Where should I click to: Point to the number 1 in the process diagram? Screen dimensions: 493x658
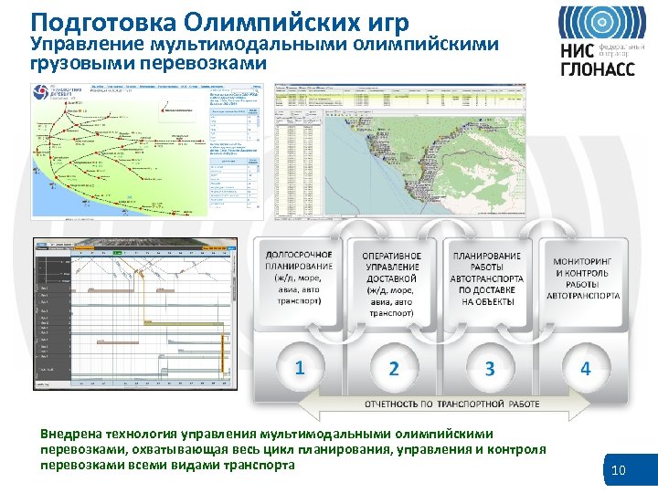(299, 367)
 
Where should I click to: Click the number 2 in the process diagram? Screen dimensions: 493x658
(394, 369)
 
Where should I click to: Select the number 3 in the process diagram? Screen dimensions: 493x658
(490, 369)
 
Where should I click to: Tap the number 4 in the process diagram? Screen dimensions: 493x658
(586, 368)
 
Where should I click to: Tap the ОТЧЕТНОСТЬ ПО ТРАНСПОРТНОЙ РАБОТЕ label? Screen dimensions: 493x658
(452, 404)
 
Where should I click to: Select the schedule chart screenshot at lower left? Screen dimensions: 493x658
(133, 313)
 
